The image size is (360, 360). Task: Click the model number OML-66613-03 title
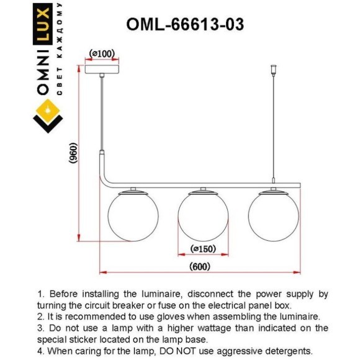click(185, 24)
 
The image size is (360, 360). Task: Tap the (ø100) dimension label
click(102, 54)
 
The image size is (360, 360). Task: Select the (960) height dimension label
click(74, 153)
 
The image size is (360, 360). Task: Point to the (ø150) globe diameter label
click(203, 249)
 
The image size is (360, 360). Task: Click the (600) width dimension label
click(200, 266)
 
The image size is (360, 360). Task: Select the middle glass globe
click(203, 216)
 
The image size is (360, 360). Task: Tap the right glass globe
click(274, 216)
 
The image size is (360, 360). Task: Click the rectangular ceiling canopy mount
click(102, 70)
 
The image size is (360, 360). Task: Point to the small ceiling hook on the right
click(273, 70)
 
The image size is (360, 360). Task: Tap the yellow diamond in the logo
click(48, 111)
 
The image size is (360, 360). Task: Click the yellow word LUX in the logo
click(43, 24)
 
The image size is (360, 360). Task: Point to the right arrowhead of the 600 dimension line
click(297, 272)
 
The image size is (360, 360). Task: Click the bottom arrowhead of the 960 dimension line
click(79, 238)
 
